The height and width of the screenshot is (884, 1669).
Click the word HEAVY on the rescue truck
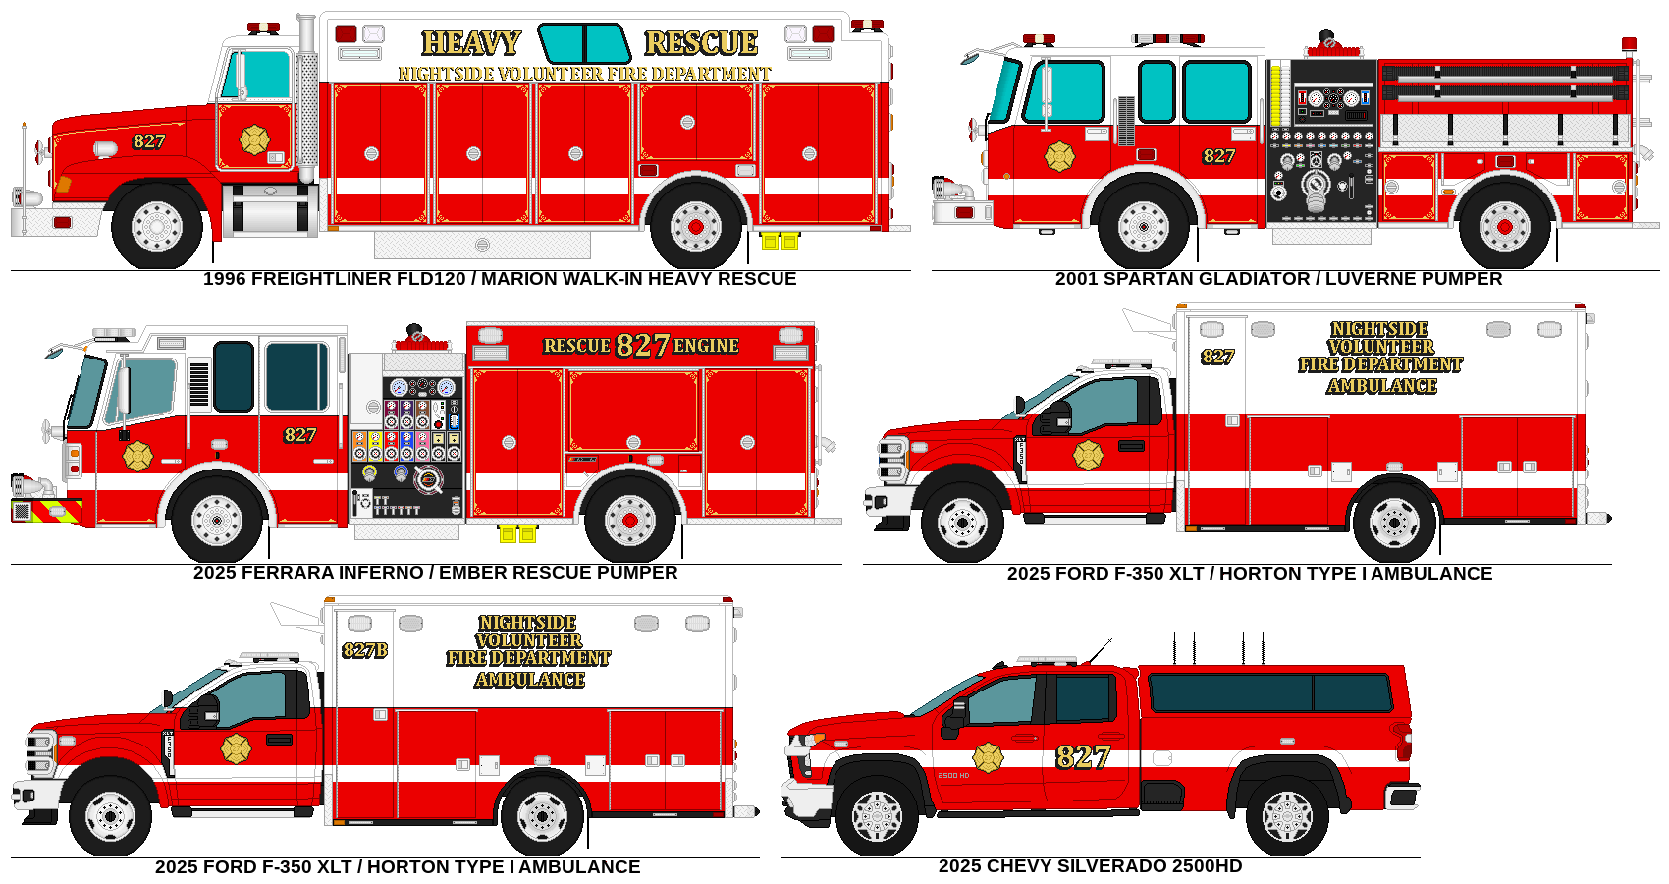[471, 43]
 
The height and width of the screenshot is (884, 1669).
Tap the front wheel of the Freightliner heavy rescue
[157, 227]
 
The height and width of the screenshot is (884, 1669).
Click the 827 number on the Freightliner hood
[149, 141]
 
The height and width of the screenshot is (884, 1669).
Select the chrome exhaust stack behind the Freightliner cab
[307, 98]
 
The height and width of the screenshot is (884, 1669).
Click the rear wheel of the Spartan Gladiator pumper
[1504, 227]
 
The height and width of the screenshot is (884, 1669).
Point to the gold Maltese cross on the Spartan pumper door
[1059, 156]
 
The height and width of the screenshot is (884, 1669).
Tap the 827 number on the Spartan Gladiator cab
[1218, 156]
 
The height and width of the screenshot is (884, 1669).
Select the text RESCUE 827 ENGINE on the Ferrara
[641, 346]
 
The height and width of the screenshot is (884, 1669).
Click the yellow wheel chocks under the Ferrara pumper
[517, 534]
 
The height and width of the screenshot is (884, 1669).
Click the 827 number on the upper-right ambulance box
[1217, 357]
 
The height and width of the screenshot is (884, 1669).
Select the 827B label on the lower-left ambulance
[364, 650]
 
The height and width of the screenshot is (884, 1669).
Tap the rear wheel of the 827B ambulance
[542, 815]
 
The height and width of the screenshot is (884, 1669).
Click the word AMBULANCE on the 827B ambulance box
[529, 680]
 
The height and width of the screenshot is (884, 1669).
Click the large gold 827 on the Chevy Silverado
[1082, 757]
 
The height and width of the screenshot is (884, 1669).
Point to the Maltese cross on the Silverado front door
[988, 757]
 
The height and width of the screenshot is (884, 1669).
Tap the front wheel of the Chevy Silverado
[877, 815]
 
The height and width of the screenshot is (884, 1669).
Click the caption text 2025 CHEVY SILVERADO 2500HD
[1090, 866]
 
